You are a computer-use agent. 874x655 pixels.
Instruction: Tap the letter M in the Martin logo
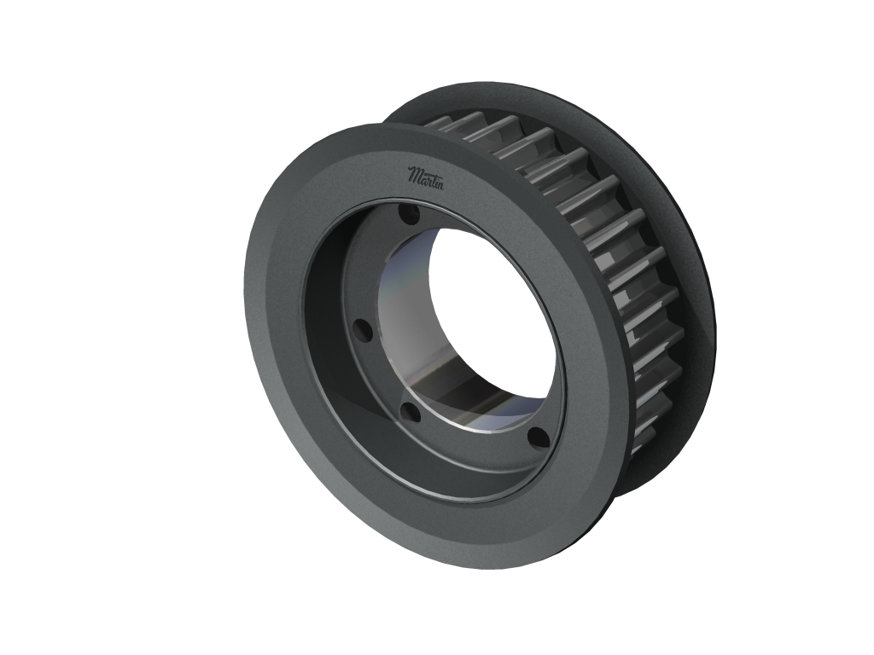click(x=414, y=174)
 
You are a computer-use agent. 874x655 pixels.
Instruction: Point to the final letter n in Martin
click(x=439, y=183)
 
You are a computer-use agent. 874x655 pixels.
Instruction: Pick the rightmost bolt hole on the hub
click(x=539, y=438)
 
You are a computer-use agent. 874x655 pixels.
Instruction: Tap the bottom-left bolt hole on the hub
click(x=411, y=414)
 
